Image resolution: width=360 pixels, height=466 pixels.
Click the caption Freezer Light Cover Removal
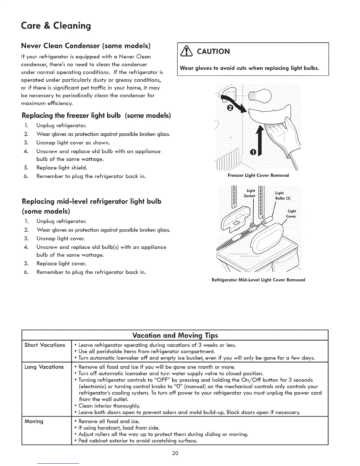click(x=258, y=175)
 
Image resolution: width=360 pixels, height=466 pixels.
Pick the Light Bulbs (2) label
click(x=282, y=195)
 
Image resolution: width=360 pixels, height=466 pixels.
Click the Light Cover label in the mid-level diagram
click(x=291, y=214)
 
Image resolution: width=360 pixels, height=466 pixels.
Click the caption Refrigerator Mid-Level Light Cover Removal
click(x=258, y=280)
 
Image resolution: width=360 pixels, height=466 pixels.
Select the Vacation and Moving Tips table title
click(x=175, y=335)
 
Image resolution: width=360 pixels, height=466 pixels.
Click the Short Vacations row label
click(x=45, y=345)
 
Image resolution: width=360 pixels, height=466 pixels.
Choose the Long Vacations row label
click(x=44, y=367)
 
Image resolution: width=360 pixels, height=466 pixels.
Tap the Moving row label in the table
click(x=34, y=421)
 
